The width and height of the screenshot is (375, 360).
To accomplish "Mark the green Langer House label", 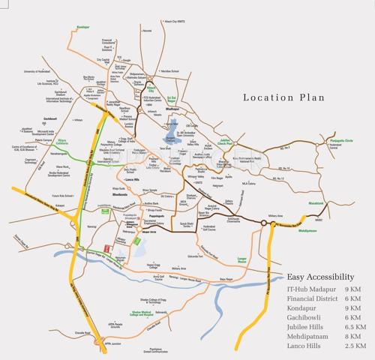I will (247, 259).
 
